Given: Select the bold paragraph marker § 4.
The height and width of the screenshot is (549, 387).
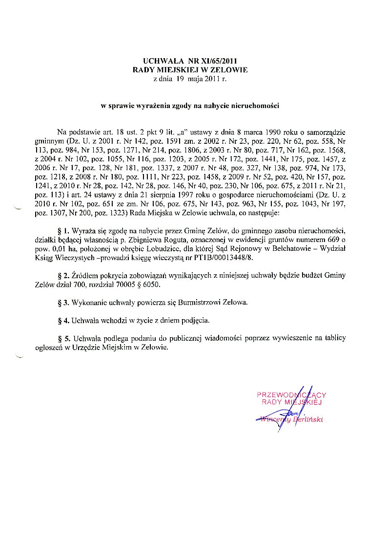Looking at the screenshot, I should (64, 321).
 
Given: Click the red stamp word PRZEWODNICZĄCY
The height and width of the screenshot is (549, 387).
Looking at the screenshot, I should (291, 394).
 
